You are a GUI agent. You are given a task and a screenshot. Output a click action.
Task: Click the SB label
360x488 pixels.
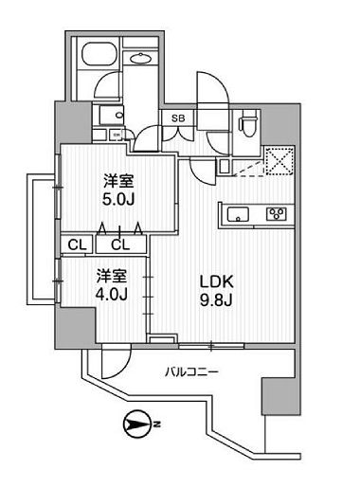click(176, 118)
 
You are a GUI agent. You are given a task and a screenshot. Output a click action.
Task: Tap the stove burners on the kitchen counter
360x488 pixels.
click(277, 212)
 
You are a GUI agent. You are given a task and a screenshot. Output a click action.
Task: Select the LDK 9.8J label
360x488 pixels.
click(214, 289)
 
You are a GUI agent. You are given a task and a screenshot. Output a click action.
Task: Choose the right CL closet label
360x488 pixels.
click(118, 244)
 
